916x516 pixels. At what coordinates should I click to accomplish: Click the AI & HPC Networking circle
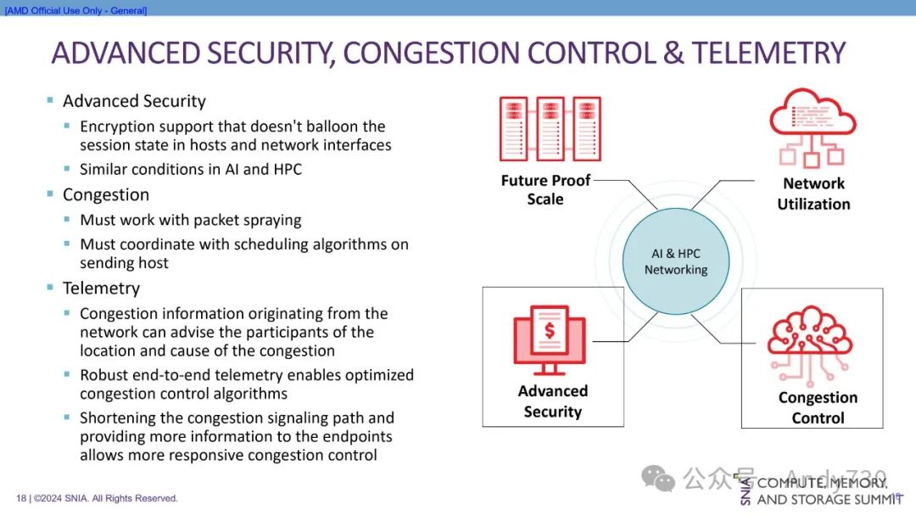point(675,261)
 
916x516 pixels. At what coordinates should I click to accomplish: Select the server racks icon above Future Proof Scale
point(550,129)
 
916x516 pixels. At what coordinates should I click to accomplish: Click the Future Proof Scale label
point(545,189)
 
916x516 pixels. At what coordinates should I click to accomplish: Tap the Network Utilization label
point(813,193)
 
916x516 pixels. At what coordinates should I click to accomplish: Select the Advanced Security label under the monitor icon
point(553,401)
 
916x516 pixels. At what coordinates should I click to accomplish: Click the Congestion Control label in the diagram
point(818,407)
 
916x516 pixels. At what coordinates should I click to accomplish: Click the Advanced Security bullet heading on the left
point(134,101)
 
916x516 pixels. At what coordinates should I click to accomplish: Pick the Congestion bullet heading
point(106,194)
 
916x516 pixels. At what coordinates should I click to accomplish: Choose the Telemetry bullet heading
point(101,288)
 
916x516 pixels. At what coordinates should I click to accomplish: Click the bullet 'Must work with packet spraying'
point(191,220)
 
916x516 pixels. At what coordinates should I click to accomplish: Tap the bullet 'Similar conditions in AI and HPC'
point(191,169)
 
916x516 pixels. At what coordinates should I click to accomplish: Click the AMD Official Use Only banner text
point(76,10)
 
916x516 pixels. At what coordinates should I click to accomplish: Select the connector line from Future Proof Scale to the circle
point(628,188)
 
